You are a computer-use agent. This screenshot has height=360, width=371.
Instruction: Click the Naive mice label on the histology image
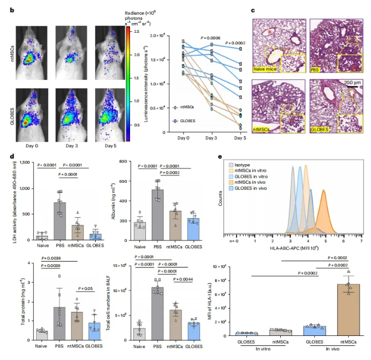tap(265, 69)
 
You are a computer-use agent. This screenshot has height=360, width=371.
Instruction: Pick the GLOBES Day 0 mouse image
tap(32, 114)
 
